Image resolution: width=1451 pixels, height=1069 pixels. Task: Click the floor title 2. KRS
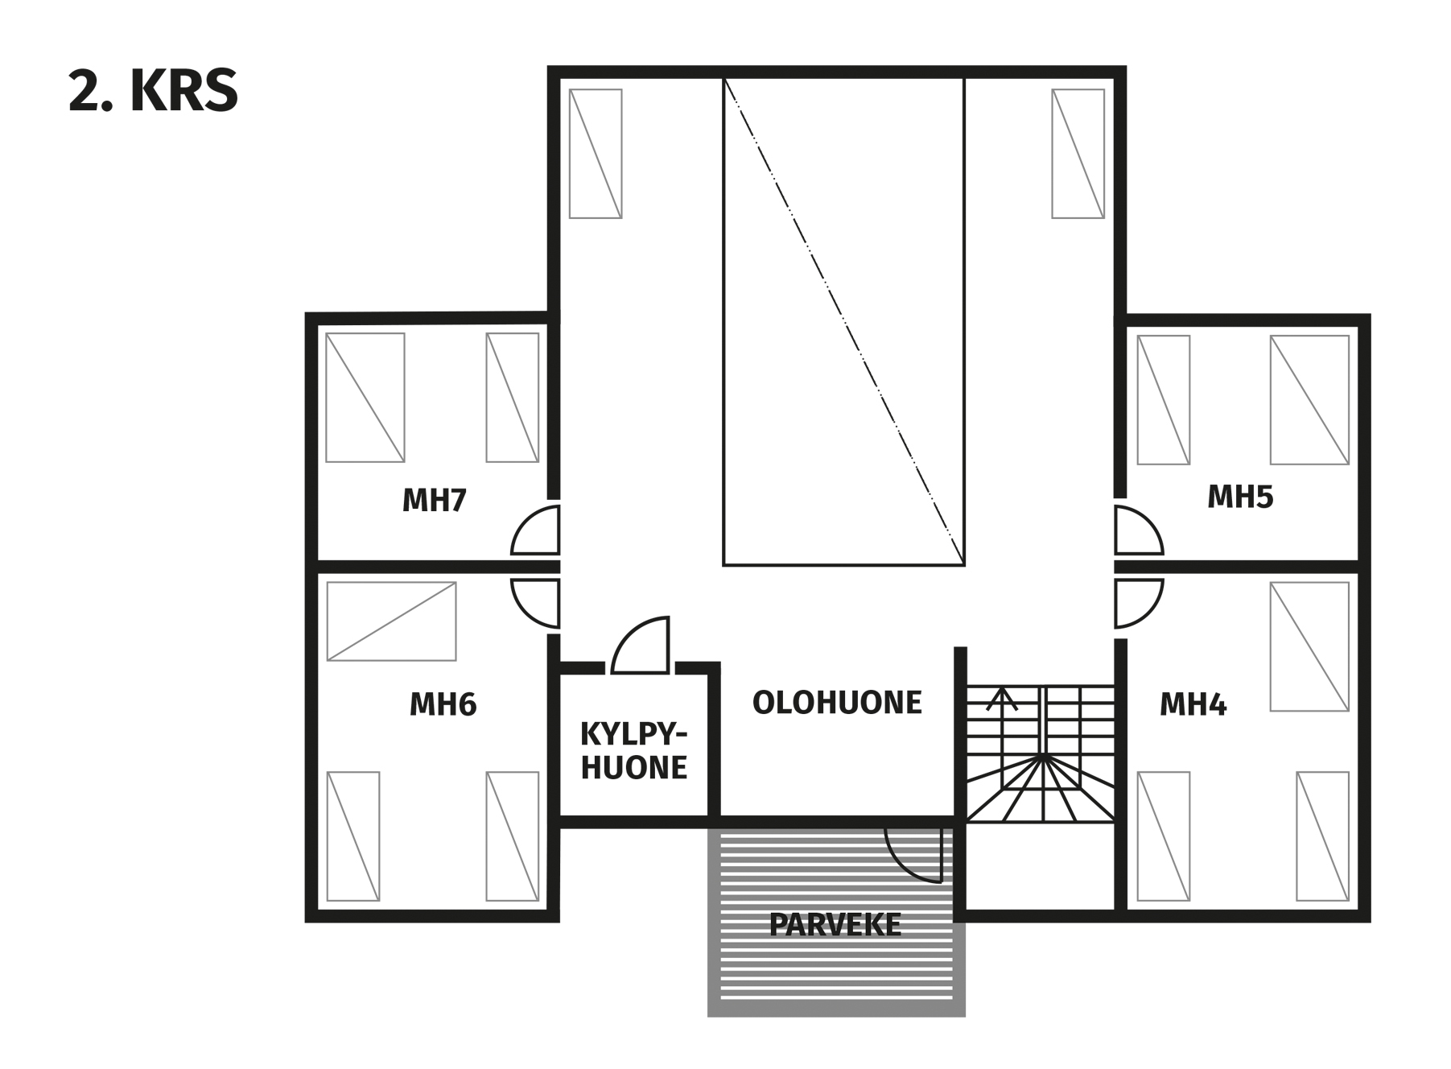[153, 91]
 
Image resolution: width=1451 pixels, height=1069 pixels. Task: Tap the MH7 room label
[434, 501]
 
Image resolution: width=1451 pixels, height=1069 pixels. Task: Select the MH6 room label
[443, 704]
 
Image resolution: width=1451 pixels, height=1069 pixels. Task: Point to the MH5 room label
[1240, 497]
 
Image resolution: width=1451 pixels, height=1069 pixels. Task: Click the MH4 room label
[1193, 704]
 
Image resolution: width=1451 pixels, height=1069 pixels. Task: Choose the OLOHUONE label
[837, 703]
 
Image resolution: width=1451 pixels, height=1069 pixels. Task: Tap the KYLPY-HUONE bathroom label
[634, 751]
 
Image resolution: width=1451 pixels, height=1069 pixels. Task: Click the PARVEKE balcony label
[835, 925]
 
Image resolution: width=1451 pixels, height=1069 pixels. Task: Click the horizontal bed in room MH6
[391, 621]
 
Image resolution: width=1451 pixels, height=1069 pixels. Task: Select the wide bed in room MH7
[365, 398]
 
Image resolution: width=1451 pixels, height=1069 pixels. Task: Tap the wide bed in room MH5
[1309, 400]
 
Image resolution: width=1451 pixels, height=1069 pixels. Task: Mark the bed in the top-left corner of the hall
[596, 154]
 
